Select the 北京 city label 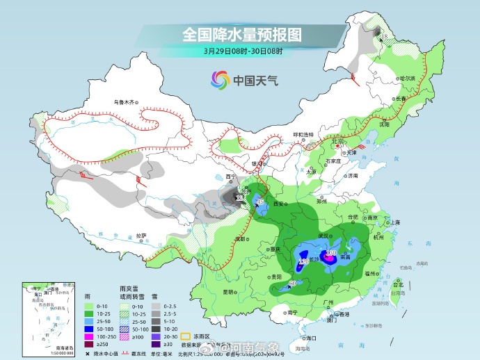coord(339,141)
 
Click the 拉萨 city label coord(141,236)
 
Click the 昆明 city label coord(228,292)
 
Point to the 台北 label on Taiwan coord(398,285)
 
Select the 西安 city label coord(280,204)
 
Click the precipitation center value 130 coord(331,253)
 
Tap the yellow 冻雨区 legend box coord(186,326)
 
